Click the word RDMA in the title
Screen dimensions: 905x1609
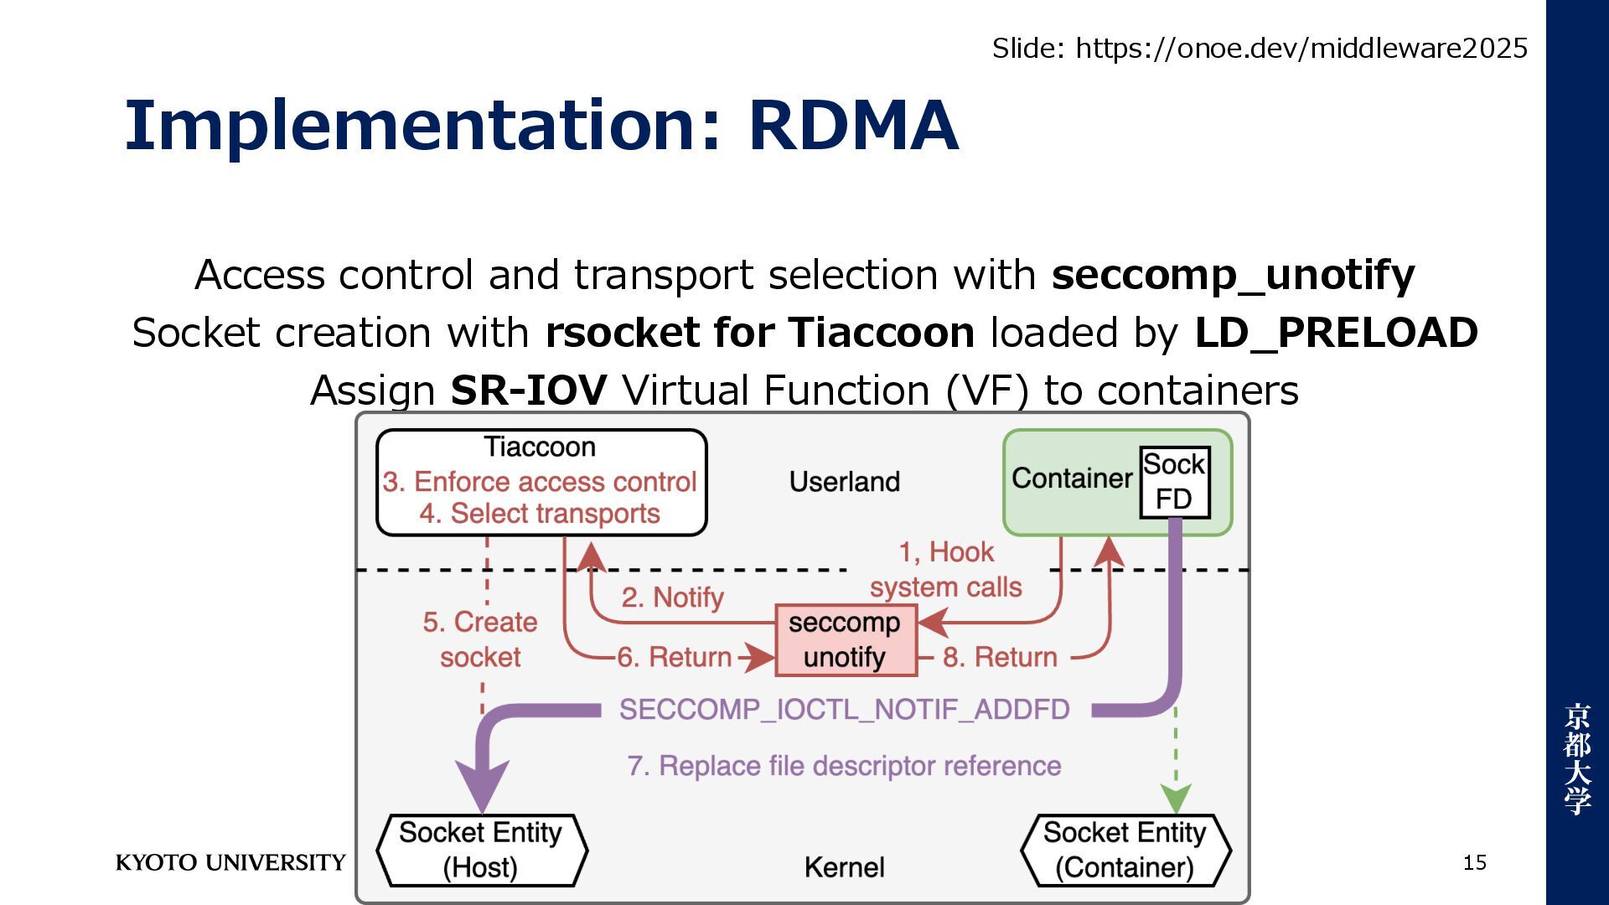[853, 126]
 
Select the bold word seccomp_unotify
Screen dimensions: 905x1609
[1233, 275]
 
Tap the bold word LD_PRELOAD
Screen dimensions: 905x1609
[1336, 333]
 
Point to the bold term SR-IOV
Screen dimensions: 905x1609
[528, 390]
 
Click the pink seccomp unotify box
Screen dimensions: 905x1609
[845, 640]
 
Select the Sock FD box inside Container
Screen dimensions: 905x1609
[1174, 483]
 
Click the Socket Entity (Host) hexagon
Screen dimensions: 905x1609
[481, 850]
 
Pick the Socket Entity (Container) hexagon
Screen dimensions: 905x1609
[1125, 850]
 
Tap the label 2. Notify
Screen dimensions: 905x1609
[672, 597]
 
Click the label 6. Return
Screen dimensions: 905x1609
[675, 657]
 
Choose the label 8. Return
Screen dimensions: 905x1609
[1000, 657]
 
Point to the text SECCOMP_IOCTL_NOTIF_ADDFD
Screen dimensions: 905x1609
[844, 710]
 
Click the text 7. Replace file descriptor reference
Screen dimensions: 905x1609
[844, 766]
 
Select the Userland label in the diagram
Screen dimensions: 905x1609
[845, 482]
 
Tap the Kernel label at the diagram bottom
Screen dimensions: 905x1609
[844, 867]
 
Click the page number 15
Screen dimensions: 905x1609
[1474, 862]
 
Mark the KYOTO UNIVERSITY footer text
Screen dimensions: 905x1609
[230, 862]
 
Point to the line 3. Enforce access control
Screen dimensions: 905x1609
[540, 482]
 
